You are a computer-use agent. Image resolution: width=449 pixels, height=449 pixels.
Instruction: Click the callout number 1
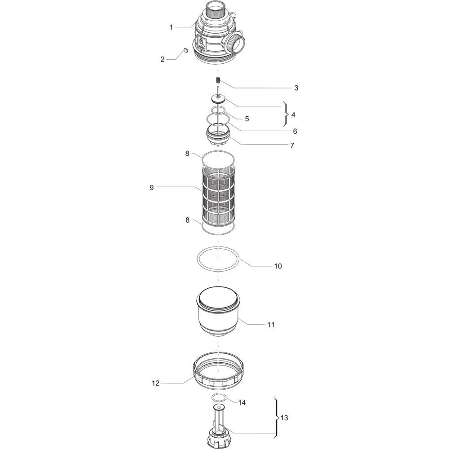171,27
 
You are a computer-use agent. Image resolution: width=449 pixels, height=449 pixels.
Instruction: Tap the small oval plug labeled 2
185,51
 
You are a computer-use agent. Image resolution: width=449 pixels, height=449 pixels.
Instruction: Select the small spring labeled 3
218,80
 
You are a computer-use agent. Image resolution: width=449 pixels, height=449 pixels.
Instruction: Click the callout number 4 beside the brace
293,115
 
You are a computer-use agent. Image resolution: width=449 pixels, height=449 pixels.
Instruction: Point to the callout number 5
247,119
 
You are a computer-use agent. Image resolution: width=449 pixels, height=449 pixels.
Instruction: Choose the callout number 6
295,132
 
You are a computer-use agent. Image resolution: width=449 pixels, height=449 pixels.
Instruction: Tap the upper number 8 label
187,154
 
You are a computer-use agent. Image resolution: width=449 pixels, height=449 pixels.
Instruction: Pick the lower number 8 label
187,220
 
